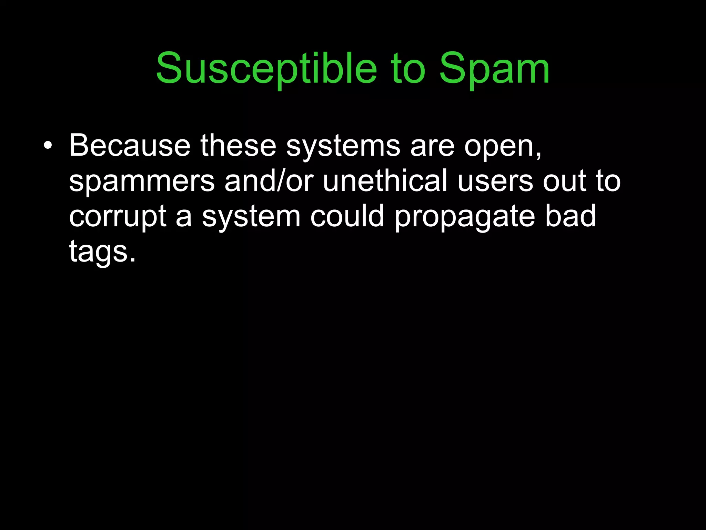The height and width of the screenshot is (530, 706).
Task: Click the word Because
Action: tap(130, 146)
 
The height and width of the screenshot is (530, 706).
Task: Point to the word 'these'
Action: tap(238, 146)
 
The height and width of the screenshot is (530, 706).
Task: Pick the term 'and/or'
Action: tap(269, 181)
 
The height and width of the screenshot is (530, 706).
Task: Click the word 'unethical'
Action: tap(385, 181)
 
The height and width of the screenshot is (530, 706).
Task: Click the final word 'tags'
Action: tap(98, 252)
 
